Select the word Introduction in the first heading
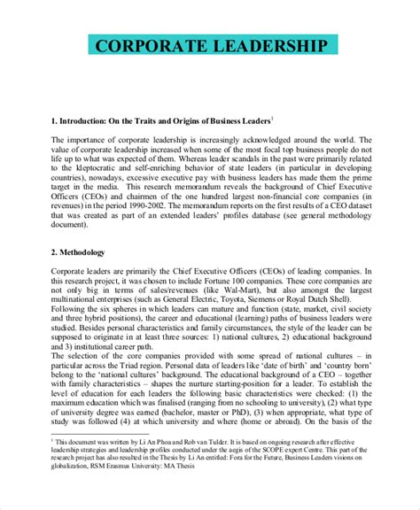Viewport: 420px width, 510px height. tap(93, 119)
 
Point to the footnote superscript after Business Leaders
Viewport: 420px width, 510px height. tap(272, 115)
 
